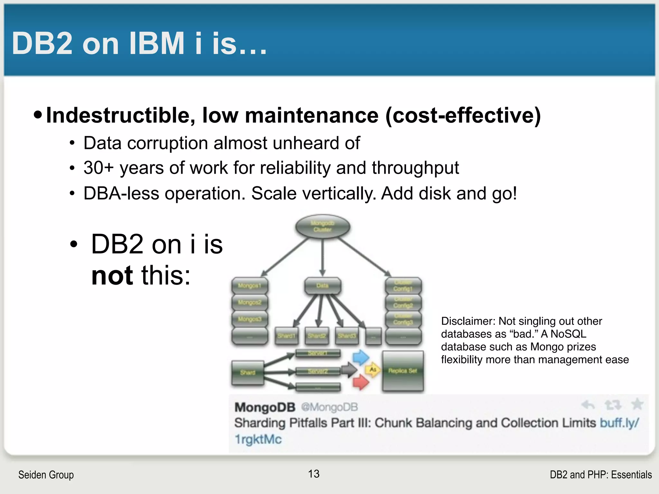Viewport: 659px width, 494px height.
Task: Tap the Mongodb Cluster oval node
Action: (x=322, y=227)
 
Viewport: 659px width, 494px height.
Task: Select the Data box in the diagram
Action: (x=322, y=286)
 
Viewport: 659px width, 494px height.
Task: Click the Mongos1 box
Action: (x=250, y=286)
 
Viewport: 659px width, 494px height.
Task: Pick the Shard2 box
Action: (x=317, y=336)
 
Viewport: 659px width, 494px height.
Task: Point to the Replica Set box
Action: (x=403, y=371)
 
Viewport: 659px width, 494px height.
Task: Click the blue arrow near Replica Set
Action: (x=360, y=357)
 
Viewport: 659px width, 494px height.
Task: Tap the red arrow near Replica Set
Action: (x=360, y=382)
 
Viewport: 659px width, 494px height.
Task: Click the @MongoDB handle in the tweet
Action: (x=329, y=407)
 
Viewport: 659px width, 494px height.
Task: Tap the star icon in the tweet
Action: (x=637, y=404)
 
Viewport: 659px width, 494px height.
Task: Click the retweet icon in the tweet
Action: (x=613, y=405)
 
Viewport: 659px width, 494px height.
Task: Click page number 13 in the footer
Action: (x=314, y=474)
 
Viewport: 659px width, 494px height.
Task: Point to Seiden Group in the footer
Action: (x=46, y=475)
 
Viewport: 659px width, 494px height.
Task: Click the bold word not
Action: (x=112, y=276)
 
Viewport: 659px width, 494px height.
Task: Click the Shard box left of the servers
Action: (x=248, y=372)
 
